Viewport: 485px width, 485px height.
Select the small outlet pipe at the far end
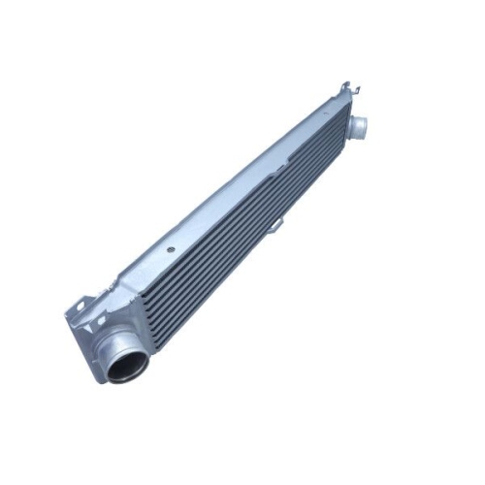click(x=358, y=125)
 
